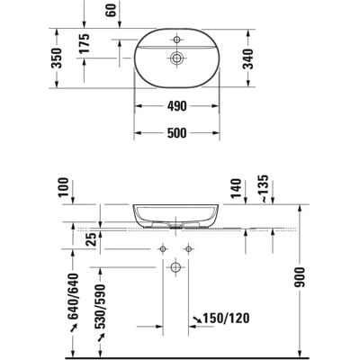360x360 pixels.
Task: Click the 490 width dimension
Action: pos(176,106)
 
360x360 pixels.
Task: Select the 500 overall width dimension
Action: pos(176,133)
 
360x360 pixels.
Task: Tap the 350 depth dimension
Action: pos(57,58)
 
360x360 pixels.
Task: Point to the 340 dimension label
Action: pos(248,58)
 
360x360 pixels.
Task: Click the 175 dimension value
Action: pos(85,43)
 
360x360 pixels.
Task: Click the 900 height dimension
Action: pos(299,277)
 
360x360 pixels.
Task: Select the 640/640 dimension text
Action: pos(73,296)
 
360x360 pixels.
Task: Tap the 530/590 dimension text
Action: pos(101,306)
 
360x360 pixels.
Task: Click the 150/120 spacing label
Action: pos(226,319)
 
